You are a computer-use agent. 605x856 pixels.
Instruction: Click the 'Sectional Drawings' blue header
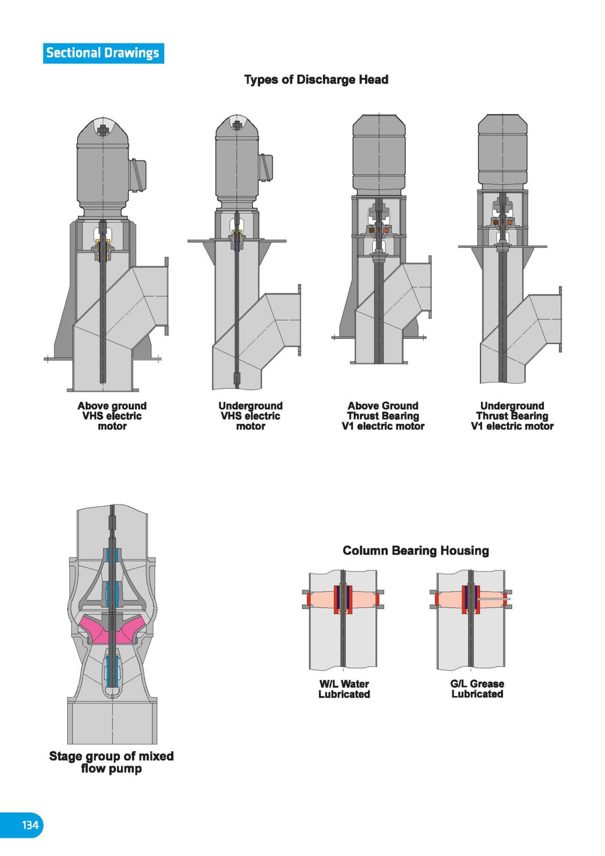click(103, 53)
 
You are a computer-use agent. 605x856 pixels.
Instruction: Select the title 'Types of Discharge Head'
click(316, 80)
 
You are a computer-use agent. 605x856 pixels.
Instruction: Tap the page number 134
click(30, 824)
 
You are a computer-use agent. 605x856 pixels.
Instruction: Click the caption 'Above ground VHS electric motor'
click(112, 416)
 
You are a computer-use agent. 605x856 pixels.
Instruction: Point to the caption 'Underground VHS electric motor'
click(250, 416)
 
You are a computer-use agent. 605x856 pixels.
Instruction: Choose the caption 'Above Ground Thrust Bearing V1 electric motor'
click(383, 416)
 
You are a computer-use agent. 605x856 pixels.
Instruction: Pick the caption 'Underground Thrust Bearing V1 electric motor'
click(512, 416)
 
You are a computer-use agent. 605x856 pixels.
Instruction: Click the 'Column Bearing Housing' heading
click(416, 551)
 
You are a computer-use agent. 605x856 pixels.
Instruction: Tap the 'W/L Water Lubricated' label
click(344, 689)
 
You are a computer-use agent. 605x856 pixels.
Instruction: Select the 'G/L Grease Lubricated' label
click(477, 689)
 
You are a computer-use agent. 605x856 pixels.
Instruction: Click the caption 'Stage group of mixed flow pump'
click(111, 762)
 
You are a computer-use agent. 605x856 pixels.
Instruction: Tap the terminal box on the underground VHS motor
click(266, 168)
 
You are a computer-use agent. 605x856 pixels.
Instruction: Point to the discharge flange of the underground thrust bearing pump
click(560, 319)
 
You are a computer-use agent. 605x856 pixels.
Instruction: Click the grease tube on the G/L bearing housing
click(494, 598)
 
